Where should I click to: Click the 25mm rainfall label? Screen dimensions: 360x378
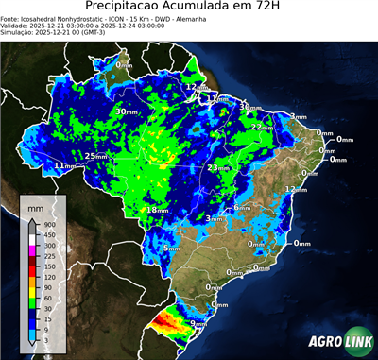[x=95, y=156]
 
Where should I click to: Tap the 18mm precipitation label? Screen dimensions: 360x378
[x=157, y=210]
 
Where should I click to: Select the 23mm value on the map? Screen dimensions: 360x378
[x=218, y=168]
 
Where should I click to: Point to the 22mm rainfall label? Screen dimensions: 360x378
[x=262, y=127]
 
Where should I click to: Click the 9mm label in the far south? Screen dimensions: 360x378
[x=198, y=324]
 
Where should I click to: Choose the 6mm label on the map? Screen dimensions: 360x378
[x=242, y=208]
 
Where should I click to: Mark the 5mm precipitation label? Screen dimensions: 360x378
[x=171, y=249]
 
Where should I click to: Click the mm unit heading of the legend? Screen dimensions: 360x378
[x=36, y=206]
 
